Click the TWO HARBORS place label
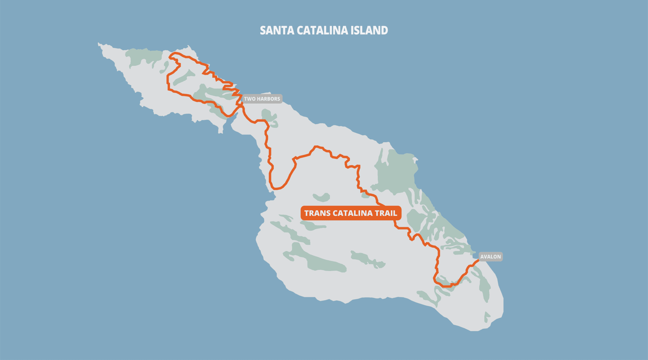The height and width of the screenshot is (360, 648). tap(262, 99)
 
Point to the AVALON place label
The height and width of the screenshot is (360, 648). tap(490, 256)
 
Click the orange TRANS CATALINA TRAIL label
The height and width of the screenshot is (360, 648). tap(351, 213)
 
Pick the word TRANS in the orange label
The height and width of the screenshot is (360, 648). tap(317, 213)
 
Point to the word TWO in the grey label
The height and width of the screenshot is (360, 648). tap(250, 99)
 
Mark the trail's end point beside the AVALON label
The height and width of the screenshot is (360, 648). tap(478, 260)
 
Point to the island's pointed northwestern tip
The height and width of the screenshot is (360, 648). tap(99, 44)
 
